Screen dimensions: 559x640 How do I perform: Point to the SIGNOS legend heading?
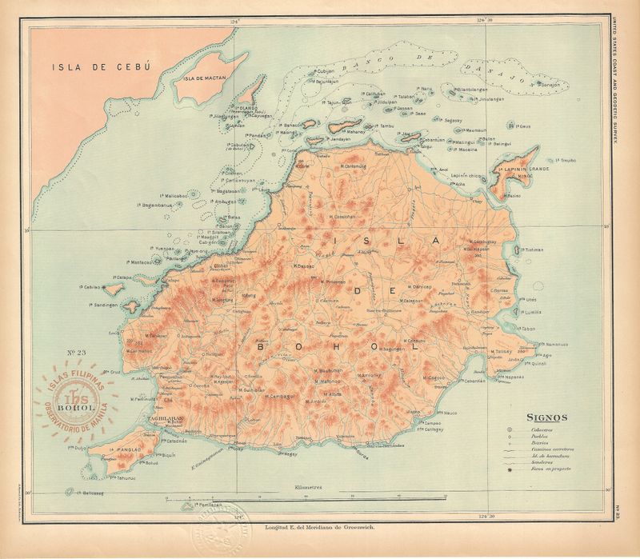pyautogui.click(x=546, y=417)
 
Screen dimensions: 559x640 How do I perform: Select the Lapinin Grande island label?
pyautogui.click(x=523, y=170)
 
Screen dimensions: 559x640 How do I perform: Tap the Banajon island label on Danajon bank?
pyautogui.click(x=547, y=84)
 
